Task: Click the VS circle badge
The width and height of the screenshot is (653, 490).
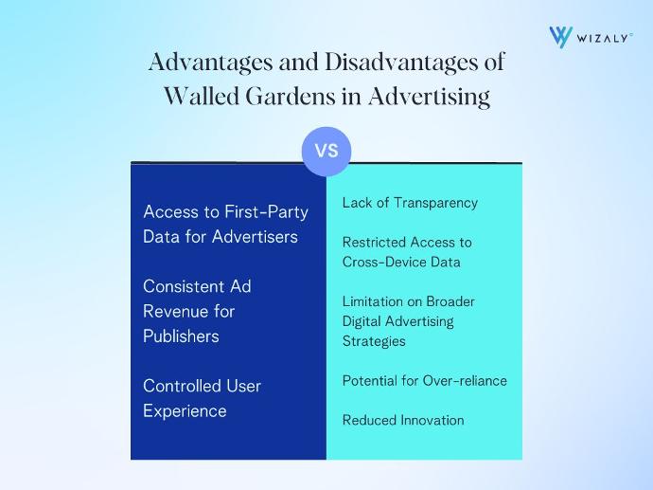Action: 326,151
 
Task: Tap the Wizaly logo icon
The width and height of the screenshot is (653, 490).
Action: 560,37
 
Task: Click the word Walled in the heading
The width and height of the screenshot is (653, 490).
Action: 201,96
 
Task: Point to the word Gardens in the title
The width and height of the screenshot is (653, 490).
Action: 291,97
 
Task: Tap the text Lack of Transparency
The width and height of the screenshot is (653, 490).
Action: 410,203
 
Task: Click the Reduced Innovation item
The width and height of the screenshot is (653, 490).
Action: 403,420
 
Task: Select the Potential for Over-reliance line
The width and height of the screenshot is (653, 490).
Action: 424,381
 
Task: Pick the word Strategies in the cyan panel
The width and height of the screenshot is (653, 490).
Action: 374,341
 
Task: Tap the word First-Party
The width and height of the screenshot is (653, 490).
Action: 266,212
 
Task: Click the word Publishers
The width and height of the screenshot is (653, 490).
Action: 181,336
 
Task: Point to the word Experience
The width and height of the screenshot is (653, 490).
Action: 185,411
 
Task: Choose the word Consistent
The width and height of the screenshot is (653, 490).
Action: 178,286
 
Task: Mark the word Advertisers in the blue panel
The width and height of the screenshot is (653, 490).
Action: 255,237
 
